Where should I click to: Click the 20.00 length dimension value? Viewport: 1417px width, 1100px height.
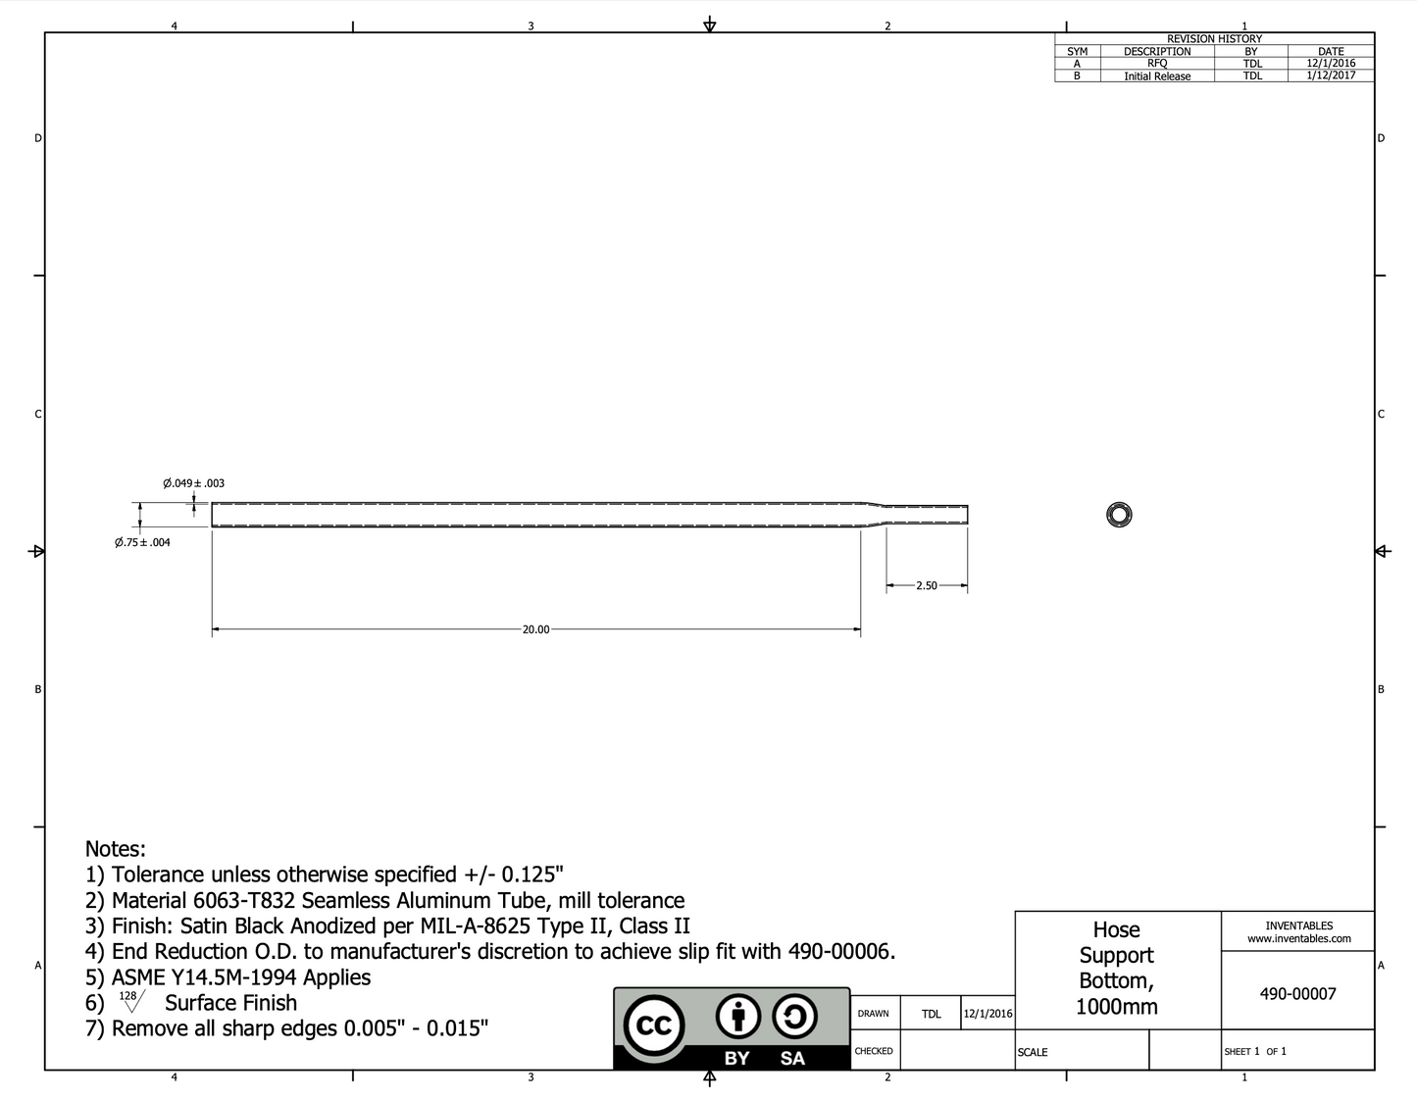535,629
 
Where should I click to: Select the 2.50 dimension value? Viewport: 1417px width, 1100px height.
926,585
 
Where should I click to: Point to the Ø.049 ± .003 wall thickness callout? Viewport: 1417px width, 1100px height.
193,483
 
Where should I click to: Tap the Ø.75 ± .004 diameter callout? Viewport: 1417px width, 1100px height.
142,542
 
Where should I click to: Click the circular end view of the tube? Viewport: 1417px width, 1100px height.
1119,515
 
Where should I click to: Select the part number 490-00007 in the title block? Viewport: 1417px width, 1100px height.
1297,993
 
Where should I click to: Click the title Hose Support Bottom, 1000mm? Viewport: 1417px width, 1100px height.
1116,968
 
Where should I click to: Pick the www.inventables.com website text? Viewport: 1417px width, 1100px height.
1298,939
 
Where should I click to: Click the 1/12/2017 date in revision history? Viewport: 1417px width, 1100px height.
1331,75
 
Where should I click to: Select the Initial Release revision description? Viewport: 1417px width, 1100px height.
1157,76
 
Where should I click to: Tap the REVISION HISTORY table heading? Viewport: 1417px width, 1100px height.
1214,39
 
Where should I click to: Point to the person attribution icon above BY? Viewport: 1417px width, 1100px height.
737,1019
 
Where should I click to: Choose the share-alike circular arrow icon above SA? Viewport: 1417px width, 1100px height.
794,1019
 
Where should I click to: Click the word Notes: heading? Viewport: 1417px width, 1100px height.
115,849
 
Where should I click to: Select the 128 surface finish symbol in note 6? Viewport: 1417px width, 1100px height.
129,1000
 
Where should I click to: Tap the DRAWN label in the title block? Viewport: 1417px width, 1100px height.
873,1014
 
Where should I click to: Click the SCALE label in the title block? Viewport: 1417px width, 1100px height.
1033,1052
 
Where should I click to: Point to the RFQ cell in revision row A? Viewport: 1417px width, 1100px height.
1157,64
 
